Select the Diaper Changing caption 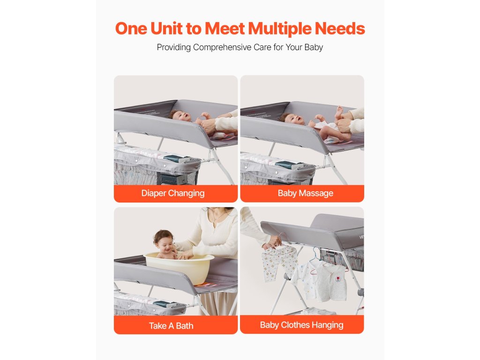[173, 194]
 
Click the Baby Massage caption [306, 193]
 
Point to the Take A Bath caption [171, 326]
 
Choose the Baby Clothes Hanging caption [301, 325]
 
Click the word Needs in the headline [340, 29]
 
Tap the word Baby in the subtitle [314, 47]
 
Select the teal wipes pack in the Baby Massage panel [289, 165]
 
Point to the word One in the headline [131, 29]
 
